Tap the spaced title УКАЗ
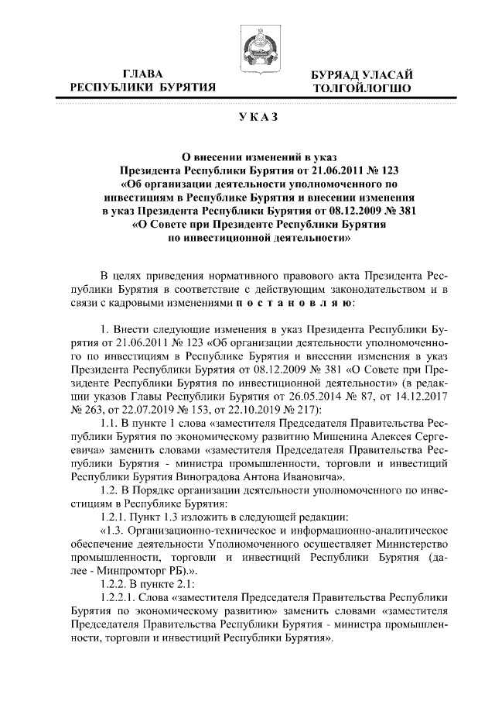coord(247,117)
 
